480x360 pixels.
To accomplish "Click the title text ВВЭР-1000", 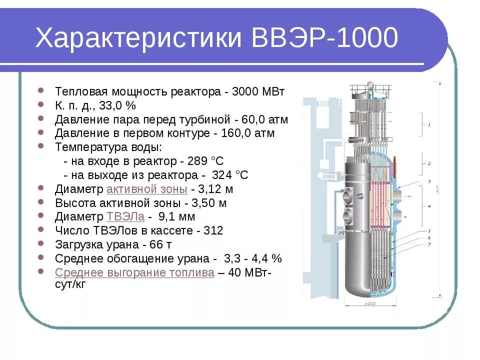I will [x=325, y=38].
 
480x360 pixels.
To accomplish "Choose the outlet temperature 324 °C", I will [x=230, y=175].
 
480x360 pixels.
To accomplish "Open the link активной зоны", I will [x=147, y=189].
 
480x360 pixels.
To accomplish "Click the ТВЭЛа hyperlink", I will [x=125, y=217].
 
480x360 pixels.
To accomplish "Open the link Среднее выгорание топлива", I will [x=134, y=272].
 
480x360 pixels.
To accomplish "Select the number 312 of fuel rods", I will [x=213, y=231].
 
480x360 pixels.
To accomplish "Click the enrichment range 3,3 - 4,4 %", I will [x=253, y=258].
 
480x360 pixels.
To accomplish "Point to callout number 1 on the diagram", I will [x=429, y=123].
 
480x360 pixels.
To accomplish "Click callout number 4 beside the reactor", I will [x=429, y=205].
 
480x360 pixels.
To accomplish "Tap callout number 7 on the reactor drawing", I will [x=429, y=243].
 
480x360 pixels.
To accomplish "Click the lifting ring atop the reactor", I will [x=370, y=85].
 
